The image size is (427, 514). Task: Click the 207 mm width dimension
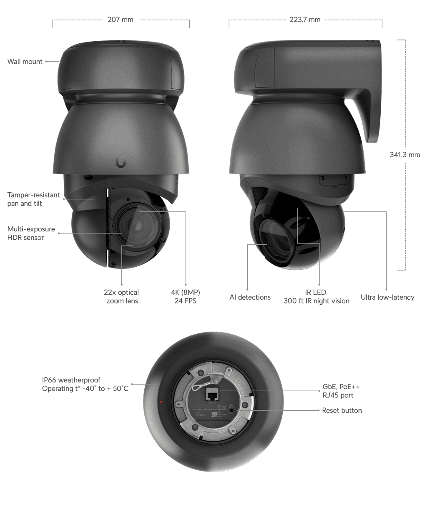[120, 20]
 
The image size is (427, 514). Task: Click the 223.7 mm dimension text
[305, 20]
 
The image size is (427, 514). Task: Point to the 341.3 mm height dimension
[404, 155]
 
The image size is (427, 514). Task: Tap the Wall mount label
[25, 62]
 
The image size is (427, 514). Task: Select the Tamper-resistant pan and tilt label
[33, 199]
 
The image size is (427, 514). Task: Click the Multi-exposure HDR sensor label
[31, 233]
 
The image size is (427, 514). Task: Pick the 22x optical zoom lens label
[121, 297]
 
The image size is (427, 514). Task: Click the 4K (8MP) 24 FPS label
[185, 297]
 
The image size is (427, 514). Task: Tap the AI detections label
[250, 297]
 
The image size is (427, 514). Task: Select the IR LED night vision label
[316, 297]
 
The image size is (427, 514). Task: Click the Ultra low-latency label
[387, 297]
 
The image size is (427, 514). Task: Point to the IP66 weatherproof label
[85, 384]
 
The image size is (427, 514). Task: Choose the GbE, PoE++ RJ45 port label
[341, 391]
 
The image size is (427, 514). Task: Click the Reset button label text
[342, 410]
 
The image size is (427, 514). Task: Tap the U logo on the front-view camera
[121, 163]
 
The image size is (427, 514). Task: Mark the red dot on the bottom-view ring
[161, 402]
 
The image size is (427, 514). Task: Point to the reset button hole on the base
[238, 410]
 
